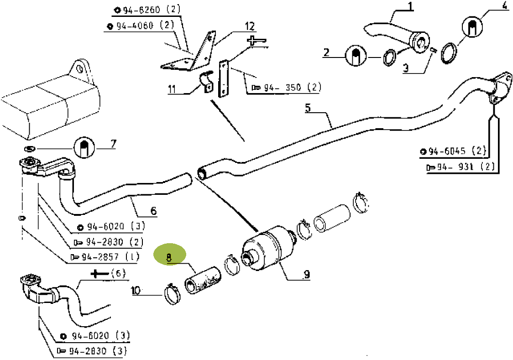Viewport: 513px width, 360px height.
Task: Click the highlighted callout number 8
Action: [x=169, y=258]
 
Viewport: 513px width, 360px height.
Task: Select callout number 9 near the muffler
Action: [x=306, y=274]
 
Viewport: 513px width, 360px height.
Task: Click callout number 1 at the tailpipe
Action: [x=410, y=6]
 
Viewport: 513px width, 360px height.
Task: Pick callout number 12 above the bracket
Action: [x=249, y=26]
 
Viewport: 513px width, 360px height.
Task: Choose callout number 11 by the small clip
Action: [x=172, y=89]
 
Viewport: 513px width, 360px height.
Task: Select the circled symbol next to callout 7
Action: [x=84, y=147]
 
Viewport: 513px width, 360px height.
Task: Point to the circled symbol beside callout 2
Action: [x=356, y=57]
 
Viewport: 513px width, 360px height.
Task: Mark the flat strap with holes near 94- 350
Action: [x=224, y=79]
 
